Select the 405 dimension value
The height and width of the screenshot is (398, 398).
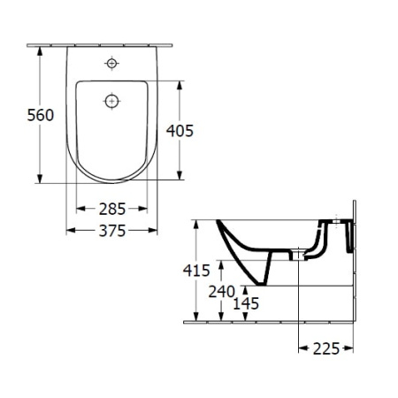click(x=180, y=131)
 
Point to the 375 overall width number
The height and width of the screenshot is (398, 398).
click(x=111, y=230)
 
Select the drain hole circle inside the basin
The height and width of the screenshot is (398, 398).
click(x=111, y=101)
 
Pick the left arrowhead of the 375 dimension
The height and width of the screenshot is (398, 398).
click(x=72, y=230)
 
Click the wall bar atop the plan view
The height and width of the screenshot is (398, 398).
click(x=111, y=43)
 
